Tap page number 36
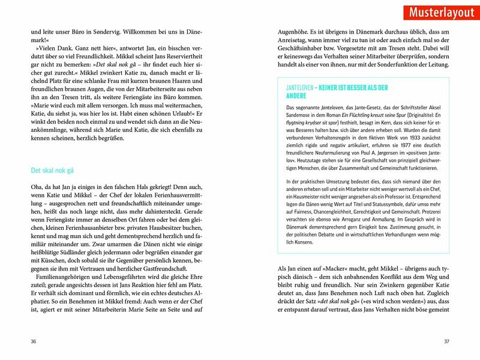click(x=34, y=341)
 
